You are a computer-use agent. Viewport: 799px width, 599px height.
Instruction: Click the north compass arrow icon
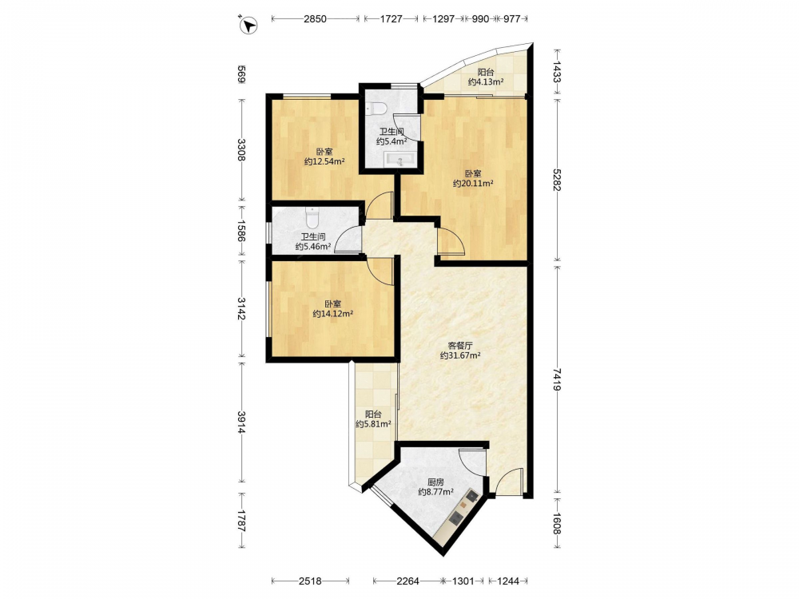(x=248, y=25)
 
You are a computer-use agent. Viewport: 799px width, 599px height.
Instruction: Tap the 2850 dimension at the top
(x=315, y=19)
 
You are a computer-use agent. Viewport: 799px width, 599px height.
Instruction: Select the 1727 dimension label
(x=392, y=19)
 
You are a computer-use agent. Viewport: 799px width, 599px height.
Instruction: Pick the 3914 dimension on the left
(x=241, y=422)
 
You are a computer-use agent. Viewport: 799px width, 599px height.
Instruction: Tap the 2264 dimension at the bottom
(x=407, y=581)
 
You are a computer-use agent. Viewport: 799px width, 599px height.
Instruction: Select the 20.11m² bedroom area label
(x=473, y=184)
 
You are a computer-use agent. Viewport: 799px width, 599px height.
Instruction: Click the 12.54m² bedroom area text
(x=324, y=161)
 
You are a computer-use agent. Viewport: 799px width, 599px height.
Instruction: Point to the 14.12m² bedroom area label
(x=332, y=314)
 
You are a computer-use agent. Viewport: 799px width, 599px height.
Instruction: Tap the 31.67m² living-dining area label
(x=460, y=355)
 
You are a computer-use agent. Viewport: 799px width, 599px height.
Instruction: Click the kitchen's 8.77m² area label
(x=435, y=492)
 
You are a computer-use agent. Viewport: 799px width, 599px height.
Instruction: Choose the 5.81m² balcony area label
(x=373, y=424)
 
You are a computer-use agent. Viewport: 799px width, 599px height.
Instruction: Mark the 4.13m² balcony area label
(x=486, y=81)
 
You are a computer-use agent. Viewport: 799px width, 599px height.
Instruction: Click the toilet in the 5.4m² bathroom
(x=377, y=108)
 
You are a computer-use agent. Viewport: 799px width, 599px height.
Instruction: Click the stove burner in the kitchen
(x=455, y=518)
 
